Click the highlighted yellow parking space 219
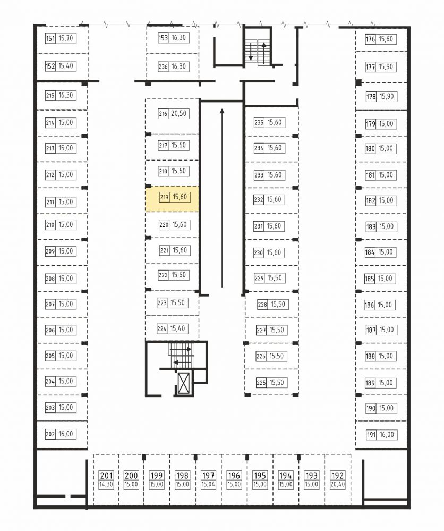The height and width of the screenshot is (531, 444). tap(172, 199)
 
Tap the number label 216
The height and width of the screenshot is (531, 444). tap(163, 113)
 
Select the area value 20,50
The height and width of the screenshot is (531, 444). tap(178, 113)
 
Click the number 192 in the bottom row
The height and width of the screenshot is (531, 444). tap(337, 476)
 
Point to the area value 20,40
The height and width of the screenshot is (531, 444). tap(337, 485)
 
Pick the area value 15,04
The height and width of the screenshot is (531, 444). tap(208, 485)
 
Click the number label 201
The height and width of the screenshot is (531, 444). tap(106, 476)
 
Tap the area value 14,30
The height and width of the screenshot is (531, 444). tap(106, 485)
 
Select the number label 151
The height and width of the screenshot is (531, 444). tap(50, 38)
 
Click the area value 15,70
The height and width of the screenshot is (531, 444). tap(66, 38)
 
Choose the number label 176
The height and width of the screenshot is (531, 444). tap(370, 39)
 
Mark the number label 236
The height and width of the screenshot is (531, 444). tap(163, 67)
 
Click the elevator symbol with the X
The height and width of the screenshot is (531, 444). tap(184, 383)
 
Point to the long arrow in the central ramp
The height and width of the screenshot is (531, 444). tap(222, 198)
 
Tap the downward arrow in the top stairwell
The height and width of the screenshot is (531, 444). tap(251, 51)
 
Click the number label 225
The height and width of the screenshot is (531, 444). tap(261, 383)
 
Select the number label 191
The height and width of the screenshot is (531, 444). tap(371, 435)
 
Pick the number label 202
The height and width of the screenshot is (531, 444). tap(50, 434)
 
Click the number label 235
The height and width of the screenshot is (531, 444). tap(259, 123)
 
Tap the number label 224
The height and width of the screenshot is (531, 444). tap(162, 329)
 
